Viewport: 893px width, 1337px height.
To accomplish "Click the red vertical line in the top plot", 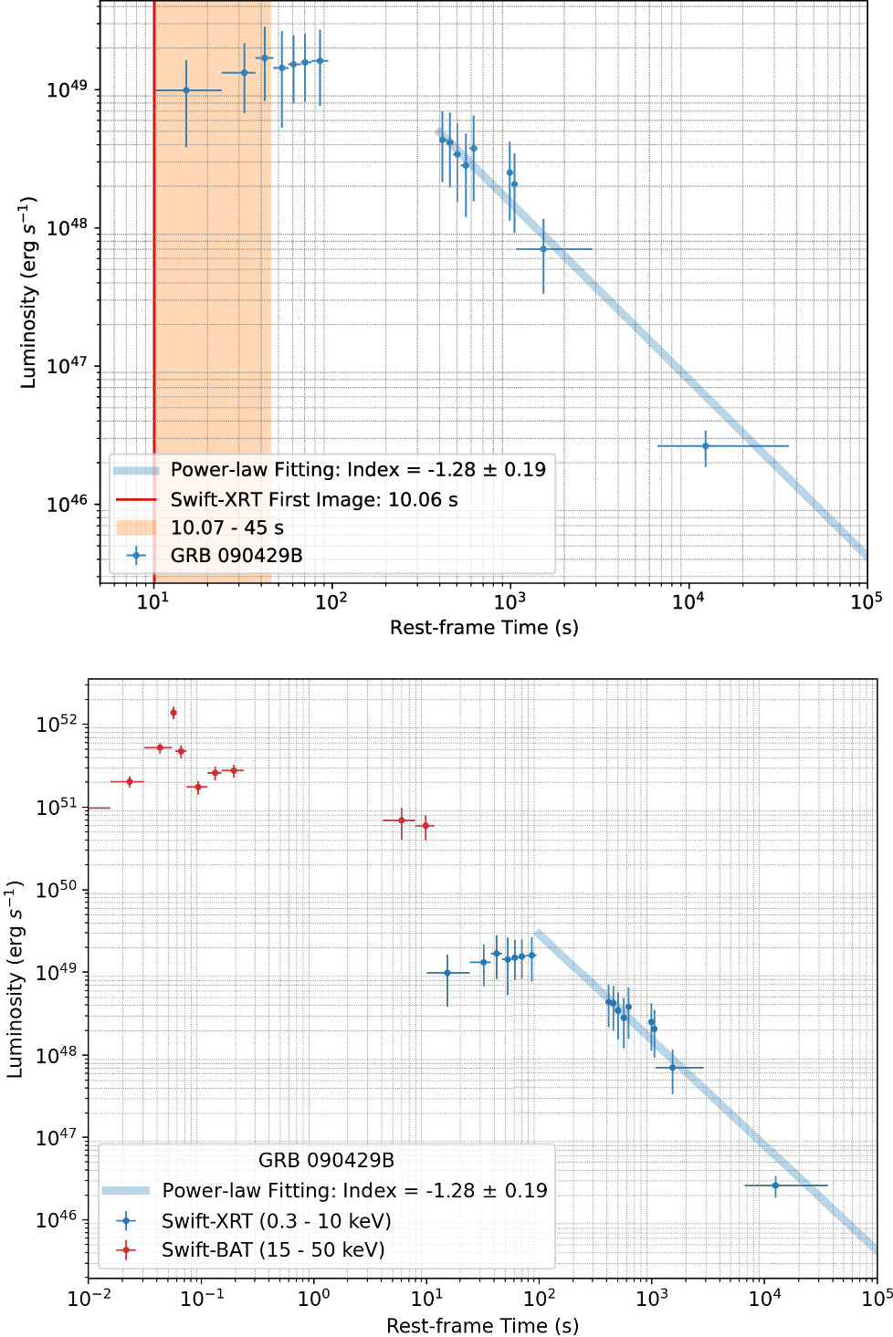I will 154,274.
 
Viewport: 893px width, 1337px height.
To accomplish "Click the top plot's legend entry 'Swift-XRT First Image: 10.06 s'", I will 313,499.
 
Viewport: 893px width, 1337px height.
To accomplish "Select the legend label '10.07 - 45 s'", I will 226,527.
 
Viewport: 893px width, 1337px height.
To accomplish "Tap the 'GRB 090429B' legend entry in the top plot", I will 236,555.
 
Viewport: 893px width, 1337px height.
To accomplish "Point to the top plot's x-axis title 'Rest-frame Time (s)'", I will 484,627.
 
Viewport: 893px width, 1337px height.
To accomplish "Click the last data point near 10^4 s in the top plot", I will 705,446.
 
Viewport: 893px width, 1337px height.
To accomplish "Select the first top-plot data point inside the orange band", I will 186,90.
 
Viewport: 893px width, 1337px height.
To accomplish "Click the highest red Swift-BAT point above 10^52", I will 173,713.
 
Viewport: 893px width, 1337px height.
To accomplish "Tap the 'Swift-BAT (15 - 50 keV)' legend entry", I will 272,1249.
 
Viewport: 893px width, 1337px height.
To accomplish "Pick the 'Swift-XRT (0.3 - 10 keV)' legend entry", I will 276,1221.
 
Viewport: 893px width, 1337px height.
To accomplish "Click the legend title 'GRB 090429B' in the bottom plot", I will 326,1160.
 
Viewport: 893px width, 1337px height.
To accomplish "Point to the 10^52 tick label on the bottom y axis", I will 57,725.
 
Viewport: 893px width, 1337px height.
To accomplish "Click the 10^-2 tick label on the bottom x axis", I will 89,1298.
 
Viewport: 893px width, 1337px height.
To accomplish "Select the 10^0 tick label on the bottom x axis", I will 314,1298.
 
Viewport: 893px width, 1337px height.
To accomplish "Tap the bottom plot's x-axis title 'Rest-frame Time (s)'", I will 482,1325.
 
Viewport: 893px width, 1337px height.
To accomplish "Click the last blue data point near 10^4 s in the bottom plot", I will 775,1186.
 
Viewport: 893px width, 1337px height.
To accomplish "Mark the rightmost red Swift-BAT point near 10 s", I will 425,826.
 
